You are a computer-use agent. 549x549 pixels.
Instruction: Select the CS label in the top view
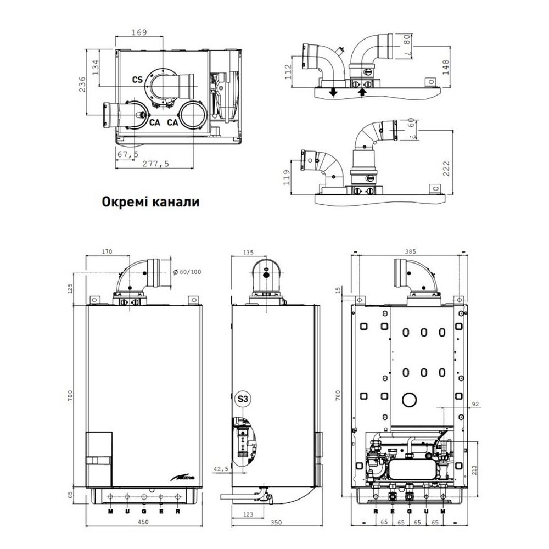137,80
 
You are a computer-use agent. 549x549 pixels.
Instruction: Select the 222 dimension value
445,169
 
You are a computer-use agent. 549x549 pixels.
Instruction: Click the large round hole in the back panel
408,399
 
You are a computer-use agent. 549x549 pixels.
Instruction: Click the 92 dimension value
475,405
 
